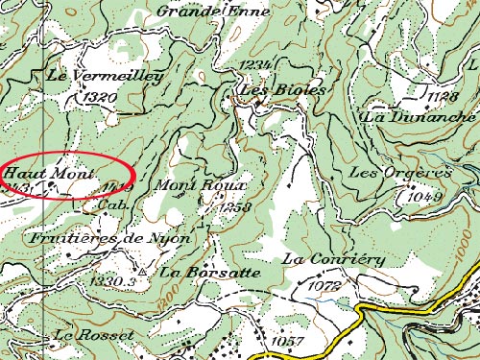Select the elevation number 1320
click(x=100, y=97)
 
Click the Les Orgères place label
click(x=400, y=173)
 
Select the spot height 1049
click(x=423, y=195)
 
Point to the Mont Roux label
click(x=201, y=184)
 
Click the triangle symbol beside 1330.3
click(x=142, y=272)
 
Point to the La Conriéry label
click(x=333, y=259)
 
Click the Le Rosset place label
click(x=93, y=335)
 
